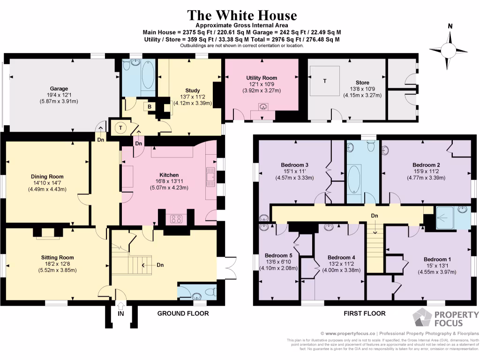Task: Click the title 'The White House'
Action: (242, 15)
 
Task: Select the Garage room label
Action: (60, 89)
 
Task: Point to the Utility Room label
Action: (262, 78)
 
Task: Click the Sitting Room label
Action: (57, 257)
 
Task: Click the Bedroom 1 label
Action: (437, 259)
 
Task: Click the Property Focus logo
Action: (445, 319)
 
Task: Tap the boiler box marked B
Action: (150, 106)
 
